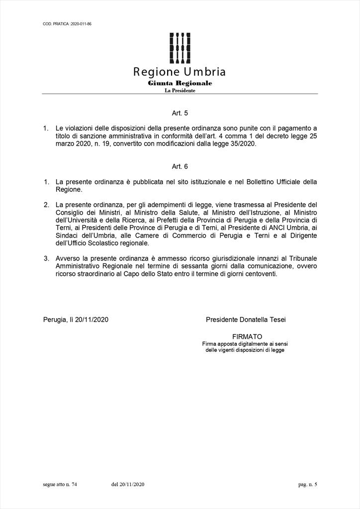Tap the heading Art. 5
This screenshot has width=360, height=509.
180,113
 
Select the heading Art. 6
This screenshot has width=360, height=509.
180,167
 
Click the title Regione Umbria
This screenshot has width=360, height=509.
180,72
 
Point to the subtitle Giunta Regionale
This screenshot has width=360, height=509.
180,83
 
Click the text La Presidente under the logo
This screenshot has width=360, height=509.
180,90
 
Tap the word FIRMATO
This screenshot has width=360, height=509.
247,337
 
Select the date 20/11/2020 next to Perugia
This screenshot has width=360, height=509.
91,320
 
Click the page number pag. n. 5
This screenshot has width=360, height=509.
307,484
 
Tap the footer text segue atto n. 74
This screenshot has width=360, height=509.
60,484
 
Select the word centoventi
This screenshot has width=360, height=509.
260,274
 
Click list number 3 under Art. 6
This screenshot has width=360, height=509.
46,258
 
